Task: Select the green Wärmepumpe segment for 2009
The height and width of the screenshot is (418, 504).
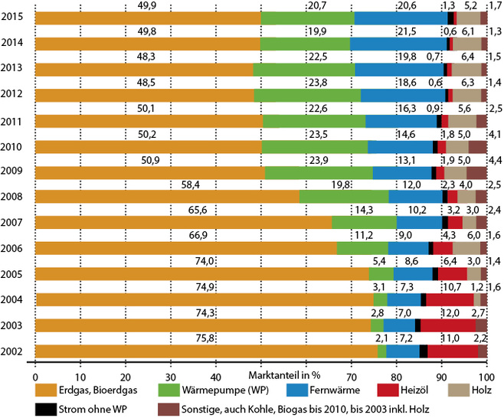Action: (318, 172)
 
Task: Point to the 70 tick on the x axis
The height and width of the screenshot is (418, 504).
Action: (351, 377)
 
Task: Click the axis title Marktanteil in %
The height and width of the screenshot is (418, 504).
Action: (283, 377)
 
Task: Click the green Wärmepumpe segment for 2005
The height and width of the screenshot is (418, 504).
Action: (381, 274)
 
